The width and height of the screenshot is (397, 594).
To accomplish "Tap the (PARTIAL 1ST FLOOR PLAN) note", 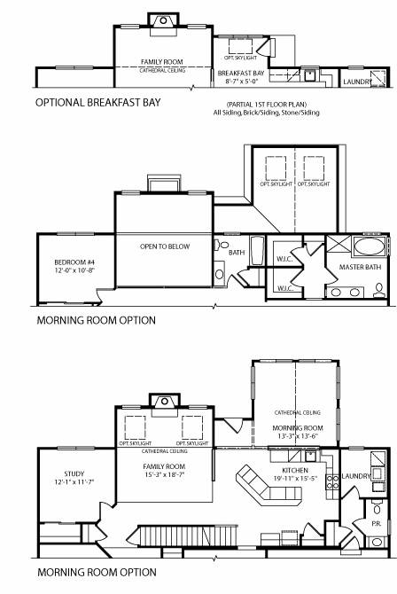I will [266, 106].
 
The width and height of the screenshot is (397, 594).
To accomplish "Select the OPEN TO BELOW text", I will [166, 246].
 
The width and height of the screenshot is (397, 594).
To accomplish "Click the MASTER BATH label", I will [361, 267].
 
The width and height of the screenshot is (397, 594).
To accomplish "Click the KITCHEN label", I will [295, 469].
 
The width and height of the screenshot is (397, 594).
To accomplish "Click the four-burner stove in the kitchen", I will [332, 482].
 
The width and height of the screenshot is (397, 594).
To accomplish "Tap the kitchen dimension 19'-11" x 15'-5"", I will [295, 479].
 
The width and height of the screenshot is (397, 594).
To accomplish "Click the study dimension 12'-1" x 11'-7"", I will [74, 483].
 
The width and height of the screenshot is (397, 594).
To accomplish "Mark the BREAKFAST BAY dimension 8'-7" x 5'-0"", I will [242, 81].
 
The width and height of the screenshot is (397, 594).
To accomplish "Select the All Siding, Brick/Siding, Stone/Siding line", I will [265, 113].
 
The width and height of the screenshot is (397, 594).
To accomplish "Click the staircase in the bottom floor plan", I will [186, 536].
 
